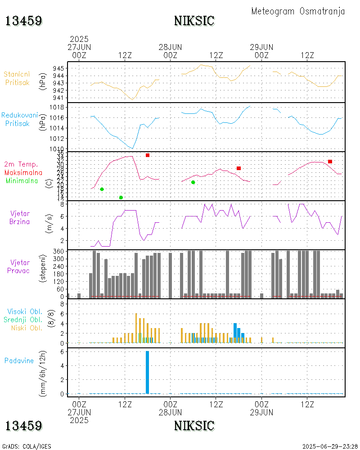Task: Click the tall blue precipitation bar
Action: point(147,372)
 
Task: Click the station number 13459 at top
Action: point(24,21)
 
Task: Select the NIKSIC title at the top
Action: point(194,21)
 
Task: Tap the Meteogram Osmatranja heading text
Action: point(298,11)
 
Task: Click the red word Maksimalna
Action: point(23,172)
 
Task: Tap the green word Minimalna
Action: point(22,180)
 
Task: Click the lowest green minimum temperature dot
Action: point(121,198)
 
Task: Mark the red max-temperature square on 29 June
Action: point(330,162)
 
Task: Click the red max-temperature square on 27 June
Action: point(147,155)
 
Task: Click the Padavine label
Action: point(19,360)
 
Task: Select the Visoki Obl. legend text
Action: point(25,311)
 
